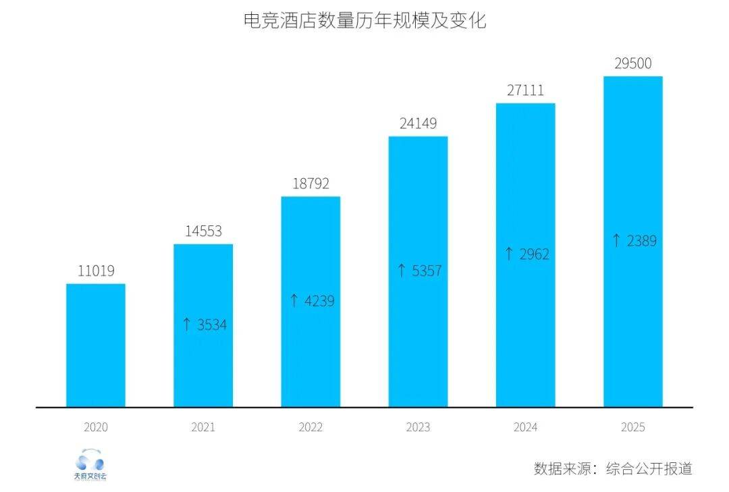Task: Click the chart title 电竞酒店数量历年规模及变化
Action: (x=364, y=21)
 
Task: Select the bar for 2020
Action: (x=95, y=345)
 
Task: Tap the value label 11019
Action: (x=95, y=271)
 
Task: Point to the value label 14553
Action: (x=203, y=231)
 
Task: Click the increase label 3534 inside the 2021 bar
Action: (x=204, y=325)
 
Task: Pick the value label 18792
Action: (x=310, y=184)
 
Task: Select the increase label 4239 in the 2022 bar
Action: (x=311, y=300)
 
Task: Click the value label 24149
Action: (x=418, y=124)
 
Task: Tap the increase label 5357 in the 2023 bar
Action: (x=418, y=271)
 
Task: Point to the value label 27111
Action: (x=525, y=90)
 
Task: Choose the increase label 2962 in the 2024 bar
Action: (x=526, y=254)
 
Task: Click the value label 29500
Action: (x=632, y=63)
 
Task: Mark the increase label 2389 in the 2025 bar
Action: (x=633, y=240)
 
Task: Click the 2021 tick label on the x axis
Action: (x=203, y=427)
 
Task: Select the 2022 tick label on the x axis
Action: (x=310, y=427)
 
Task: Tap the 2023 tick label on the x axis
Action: (x=418, y=427)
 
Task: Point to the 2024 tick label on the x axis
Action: (x=525, y=427)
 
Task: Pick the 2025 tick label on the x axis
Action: (x=632, y=427)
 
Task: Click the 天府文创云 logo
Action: (x=90, y=465)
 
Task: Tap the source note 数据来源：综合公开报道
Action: (x=613, y=468)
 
